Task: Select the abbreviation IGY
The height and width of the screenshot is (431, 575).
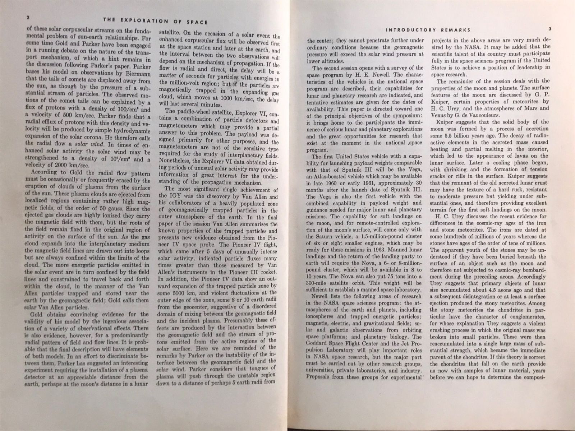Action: pyautogui.click(x=167, y=197)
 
